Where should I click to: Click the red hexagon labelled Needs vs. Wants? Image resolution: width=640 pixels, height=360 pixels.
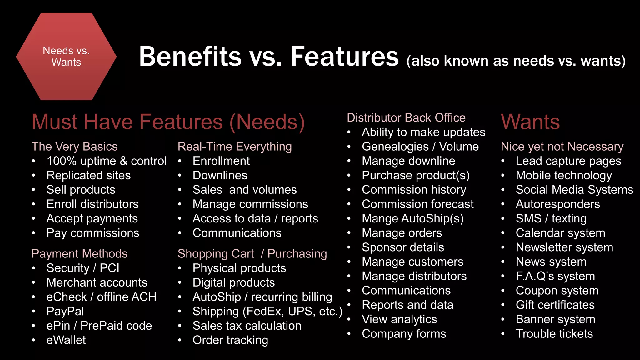click(66, 57)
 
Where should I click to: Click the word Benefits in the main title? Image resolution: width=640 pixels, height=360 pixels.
click(190, 57)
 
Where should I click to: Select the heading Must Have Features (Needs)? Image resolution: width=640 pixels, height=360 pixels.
click(168, 122)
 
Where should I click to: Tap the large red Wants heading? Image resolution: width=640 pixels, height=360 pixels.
click(530, 122)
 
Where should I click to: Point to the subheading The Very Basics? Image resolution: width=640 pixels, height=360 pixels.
click(74, 147)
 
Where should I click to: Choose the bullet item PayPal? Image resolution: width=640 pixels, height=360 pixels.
click(65, 311)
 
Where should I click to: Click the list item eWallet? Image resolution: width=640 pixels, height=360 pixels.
click(66, 340)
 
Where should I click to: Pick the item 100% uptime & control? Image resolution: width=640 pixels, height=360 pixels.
click(106, 161)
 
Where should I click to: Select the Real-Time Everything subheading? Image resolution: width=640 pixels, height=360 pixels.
click(235, 147)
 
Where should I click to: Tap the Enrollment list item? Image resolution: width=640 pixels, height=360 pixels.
click(221, 161)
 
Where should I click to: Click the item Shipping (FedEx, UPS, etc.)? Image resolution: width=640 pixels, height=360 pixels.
click(267, 311)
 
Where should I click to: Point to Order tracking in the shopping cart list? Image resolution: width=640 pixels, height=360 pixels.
click(230, 340)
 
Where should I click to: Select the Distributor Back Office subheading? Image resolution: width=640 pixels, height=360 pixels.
click(406, 118)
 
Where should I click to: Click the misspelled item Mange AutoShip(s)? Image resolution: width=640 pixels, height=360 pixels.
click(412, 218)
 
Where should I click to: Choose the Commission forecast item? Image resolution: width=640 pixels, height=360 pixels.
click(417, 204)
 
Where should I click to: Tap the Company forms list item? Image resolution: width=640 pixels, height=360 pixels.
click(404, 334)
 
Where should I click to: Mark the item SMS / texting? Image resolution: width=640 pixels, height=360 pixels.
click(551, 218)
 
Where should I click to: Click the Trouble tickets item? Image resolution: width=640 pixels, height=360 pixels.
click(554, 334)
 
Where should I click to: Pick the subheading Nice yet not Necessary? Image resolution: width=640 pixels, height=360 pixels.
click(562, 147)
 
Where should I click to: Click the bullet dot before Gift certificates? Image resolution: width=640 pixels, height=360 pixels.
click(503, 305)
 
